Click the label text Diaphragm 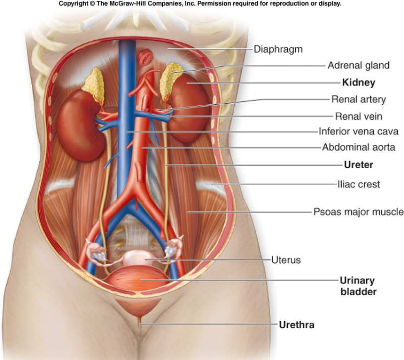[x=278, y=49]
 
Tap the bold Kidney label [x=358, y=82]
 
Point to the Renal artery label [x=358, y=99]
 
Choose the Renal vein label [x=358, y=116]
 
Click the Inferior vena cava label [x=358, y=131]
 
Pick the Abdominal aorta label [x=358, y=147]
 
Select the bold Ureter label [x=358, y=165]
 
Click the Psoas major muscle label [x=358, y=212]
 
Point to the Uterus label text [x=286, y=260]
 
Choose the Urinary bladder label [x=358, y=286]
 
